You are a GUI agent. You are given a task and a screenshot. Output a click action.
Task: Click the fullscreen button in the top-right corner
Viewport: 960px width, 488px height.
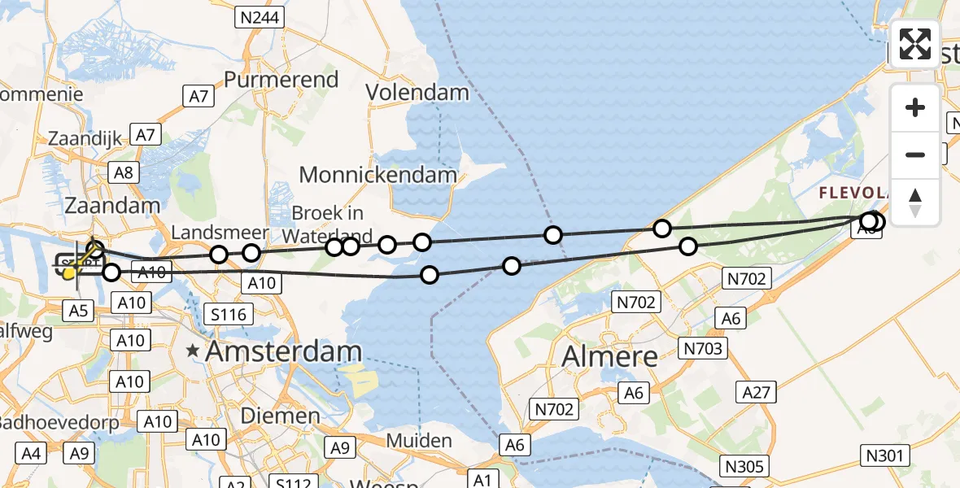915,44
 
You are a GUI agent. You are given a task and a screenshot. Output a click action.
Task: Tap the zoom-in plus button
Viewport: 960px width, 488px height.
915,108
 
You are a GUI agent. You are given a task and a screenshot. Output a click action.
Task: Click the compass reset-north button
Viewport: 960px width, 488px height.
915,203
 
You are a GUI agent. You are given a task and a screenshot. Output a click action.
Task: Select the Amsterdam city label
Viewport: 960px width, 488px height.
284,352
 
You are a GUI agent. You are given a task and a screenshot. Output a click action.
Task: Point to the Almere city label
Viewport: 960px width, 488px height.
610,355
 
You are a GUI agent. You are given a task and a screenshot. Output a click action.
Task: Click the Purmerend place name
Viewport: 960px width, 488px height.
281,80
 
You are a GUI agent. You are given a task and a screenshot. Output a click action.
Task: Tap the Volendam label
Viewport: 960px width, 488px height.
417,93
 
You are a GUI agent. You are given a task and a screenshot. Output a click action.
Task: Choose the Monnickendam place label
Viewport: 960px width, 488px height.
378,174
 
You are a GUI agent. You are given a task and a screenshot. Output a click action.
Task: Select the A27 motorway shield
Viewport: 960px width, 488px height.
757,393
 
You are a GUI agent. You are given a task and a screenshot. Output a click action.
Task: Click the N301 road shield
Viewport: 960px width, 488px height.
884,455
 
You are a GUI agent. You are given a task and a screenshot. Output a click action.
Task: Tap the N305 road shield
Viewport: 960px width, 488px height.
744,466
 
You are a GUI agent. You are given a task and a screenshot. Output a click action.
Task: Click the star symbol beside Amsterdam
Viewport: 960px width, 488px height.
193,351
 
